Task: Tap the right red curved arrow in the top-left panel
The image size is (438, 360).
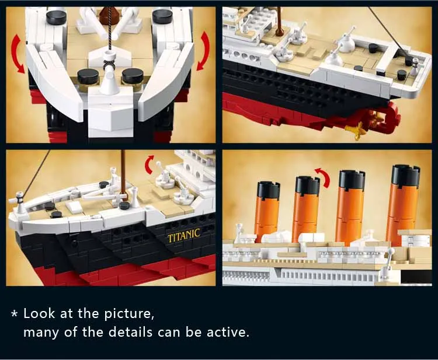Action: point(203,51)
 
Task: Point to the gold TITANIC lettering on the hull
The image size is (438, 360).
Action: point(184,235)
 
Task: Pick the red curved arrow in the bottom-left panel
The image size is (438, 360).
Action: point(150,165)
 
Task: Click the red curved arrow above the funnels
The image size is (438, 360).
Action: point(322,176)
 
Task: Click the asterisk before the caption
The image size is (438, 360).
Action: point(15,314)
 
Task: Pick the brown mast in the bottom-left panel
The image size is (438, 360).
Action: point(123,175)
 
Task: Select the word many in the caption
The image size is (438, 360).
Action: point(39,333)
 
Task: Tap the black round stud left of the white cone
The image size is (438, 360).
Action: point(88,75)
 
